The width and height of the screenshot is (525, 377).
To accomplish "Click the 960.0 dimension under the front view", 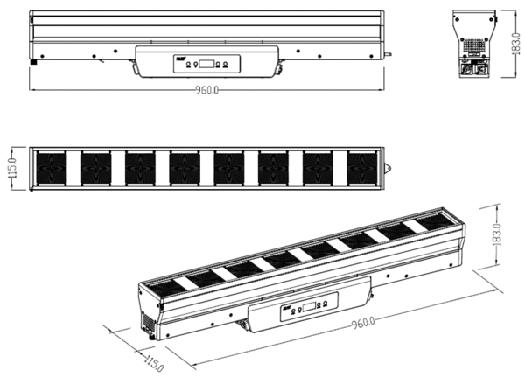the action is click(206, 90).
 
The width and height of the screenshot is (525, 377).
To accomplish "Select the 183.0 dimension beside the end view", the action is click(517, 44).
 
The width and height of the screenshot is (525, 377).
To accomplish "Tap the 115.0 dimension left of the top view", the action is click(13, 168).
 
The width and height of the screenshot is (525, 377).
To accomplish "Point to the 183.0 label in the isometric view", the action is click(497, 235).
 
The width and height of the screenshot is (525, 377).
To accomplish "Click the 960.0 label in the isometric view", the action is click(363, 323).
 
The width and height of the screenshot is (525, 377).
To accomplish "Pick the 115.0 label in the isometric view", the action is click(154, 363).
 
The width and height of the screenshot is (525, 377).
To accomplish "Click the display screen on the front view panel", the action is click(206, 64).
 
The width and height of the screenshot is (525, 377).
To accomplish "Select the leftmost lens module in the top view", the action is click(52, 168).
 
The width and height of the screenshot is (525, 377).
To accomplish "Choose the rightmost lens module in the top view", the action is click(362, 168).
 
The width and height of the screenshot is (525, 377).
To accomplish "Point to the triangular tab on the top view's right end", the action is click(388, 168).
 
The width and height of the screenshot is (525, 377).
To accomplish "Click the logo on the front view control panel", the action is click(180, 59).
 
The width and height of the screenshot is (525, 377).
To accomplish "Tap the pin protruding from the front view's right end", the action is click(388, 54).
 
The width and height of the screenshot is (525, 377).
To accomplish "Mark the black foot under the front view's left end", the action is click(33, 62).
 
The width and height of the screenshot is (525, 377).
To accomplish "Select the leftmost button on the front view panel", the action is click(188, 64).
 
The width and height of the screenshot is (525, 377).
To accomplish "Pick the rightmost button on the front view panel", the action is click(225, 64).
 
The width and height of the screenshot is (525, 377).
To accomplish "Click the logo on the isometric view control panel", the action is click(287, 307).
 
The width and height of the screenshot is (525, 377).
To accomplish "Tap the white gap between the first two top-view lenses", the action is click(73, 168).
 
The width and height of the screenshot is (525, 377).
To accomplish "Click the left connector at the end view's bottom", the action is click(465, 69).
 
